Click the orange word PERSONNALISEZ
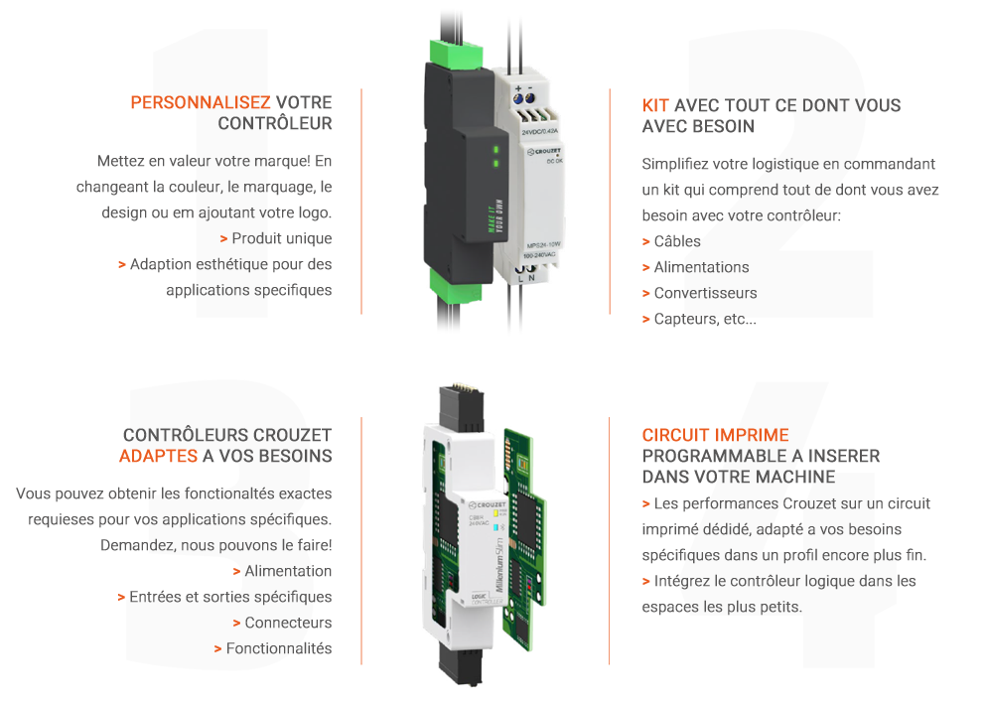[201, 102]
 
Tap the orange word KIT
[655, 105]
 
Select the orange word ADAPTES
[158, 456]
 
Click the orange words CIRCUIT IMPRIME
[715, 435]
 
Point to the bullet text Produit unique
[281, 238]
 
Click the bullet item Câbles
[677, 241]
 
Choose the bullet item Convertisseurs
[706, 293]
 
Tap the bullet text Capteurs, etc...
[705, 319]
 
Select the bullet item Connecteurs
[288, 623]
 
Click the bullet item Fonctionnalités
[279, 648]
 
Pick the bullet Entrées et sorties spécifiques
[230, 597]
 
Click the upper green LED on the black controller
[496, 150]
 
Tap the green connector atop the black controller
[457, 51]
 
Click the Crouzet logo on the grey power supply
[544, 152]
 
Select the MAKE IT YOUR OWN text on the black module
[496, 215]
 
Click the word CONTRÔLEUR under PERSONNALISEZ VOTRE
[275, 123]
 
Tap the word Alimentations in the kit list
[702, 267]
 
